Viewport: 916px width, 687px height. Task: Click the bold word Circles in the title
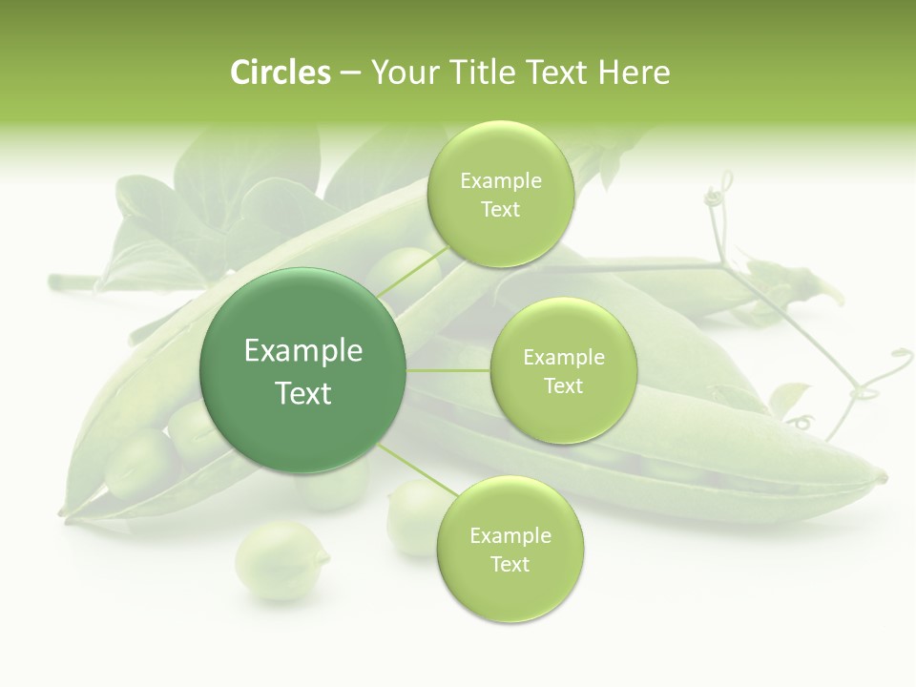coord(280,73)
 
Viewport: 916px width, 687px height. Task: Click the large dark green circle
coord(303,370)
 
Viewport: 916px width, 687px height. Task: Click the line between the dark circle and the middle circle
coord(448,370)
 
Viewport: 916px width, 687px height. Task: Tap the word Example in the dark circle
coord(303,351)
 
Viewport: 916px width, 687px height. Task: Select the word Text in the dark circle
coord(303,393)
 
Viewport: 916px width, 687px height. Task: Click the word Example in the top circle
coord(500,181)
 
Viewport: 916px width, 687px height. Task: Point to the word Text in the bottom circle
coord(510,564)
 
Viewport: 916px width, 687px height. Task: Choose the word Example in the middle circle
coord(563,358)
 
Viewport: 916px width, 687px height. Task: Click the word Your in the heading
coord(404,73)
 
